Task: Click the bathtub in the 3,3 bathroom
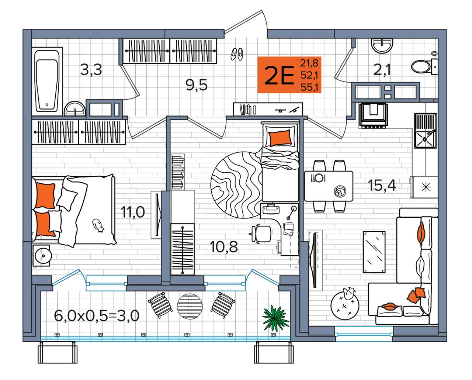(47, 81)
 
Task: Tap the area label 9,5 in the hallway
(196, 85)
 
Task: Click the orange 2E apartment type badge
(289, 75)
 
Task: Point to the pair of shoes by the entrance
(237, 54)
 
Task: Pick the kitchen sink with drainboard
(425, 130)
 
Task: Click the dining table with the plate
(329, 186)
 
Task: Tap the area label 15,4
(382, 186)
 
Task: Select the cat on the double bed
(98, 225)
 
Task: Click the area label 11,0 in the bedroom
(133, 212)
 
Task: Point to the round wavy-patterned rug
(237, 185)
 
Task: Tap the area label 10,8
(224, 247)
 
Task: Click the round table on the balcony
(190, 306)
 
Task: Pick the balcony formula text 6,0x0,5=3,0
(97, 316)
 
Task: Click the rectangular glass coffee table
(374, 252)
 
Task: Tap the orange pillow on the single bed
(280, 138)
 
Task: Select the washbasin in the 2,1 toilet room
(382, 46)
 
